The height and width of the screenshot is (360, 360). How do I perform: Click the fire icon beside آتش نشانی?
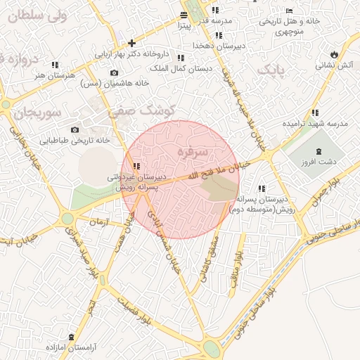click(x=333, y=54)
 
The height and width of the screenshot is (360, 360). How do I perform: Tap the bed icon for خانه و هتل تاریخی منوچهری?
click(x=290, y=11)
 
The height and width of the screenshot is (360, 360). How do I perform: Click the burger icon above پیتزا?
click(x=184, y=15)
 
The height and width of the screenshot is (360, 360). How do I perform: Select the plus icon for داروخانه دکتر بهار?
click(x=131, y=43)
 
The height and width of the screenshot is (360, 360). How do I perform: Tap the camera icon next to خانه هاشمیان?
click(x=115, y=72)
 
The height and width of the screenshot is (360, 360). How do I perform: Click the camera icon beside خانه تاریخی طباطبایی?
click(x=75, y=129)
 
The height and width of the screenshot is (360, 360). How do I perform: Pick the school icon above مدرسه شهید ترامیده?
click(x=315, y=112)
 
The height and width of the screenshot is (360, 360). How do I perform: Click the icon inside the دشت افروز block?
click(x=320, y=151)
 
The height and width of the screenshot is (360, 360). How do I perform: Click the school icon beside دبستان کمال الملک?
click(x=181, y=58)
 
